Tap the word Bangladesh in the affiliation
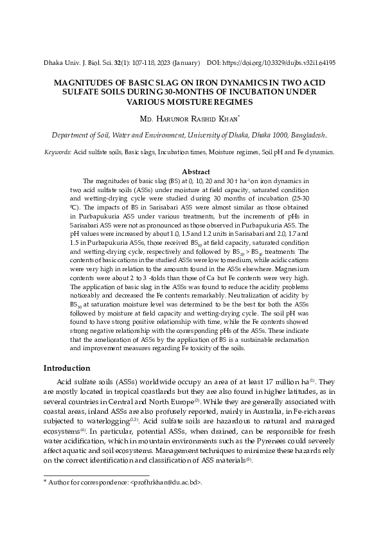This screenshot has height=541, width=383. [305, 136]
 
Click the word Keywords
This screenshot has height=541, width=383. [57, 152]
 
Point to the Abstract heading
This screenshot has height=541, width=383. [197, 172]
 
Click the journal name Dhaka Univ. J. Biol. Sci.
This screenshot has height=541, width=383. [76, 64]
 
